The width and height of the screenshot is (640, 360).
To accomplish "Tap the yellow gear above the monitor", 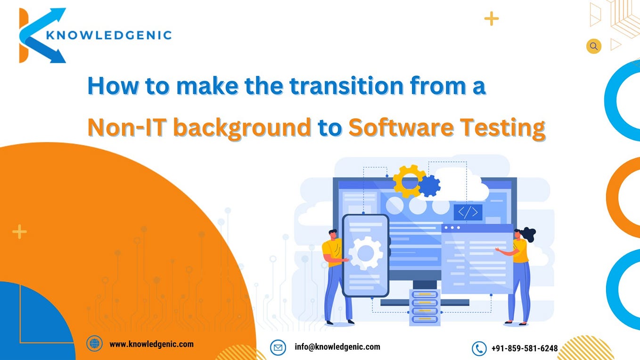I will tap(408, 180).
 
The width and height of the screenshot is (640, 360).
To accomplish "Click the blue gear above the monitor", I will tap(429, 186).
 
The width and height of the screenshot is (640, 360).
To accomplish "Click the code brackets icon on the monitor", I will tap(468, 213).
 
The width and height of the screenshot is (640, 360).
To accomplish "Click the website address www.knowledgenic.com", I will tap(151, 344).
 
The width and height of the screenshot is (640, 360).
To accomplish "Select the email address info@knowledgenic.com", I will tap(337, 347).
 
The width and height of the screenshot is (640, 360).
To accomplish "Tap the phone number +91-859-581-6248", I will tap(524, 349).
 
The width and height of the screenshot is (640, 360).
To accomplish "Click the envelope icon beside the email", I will tap(278, 348).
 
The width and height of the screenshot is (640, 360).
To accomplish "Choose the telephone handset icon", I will tap(479, 349).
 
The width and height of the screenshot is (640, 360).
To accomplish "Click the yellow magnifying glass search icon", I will tap(593, 46).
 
